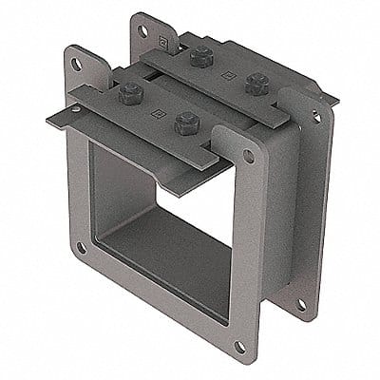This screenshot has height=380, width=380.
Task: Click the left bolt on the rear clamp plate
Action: (199, 58)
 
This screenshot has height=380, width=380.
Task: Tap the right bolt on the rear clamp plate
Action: (254, 83)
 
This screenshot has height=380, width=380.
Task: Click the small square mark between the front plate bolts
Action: (154, 109)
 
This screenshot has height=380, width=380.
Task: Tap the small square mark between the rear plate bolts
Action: (226, 71)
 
